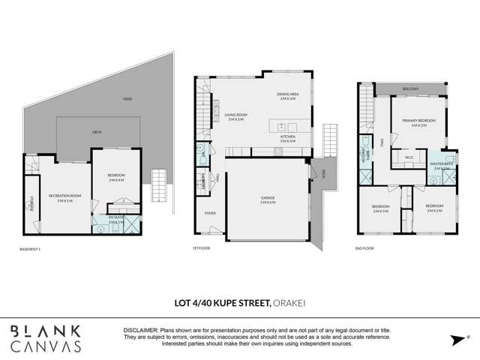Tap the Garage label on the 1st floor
tap(268, 199)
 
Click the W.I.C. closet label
tap(409, 157)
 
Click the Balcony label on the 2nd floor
tap(410, 89)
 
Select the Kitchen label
tap(288, 137)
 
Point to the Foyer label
tap(210, 213)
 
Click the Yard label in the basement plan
tap(128, 98)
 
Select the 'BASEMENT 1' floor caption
tap(31, 248)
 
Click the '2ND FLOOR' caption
tap(365, 248)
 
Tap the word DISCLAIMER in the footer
tap(139, 330)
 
